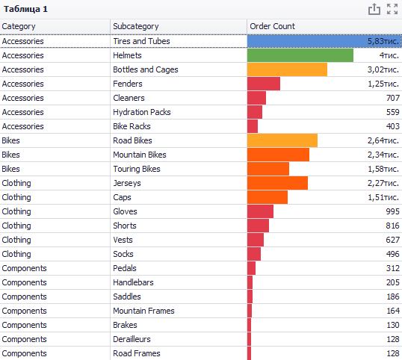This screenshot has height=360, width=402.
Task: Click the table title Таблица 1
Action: tap(25, 9)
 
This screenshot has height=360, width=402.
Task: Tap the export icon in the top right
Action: tap(374, 9)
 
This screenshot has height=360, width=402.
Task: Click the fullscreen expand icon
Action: tap(392, 9)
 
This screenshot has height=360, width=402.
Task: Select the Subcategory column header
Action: tap(136, 26)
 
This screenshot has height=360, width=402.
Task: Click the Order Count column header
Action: tap(272, 26)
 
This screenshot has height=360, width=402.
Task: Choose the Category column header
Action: tap(19, 26)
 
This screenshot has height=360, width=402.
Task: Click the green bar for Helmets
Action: tap(300, 55)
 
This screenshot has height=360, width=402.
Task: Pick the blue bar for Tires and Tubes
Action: tap(324, 41)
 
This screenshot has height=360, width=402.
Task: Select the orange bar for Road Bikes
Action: tap(282, 140)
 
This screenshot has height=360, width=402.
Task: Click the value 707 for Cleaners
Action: tap(393, 98)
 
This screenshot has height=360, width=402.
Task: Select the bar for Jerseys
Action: tap(277, 183)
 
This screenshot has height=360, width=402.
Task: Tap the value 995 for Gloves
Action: tap(393, 211)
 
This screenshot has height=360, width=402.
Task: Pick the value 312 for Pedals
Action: tap(393, 268)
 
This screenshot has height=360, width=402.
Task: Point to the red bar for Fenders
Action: tap(264, 84)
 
